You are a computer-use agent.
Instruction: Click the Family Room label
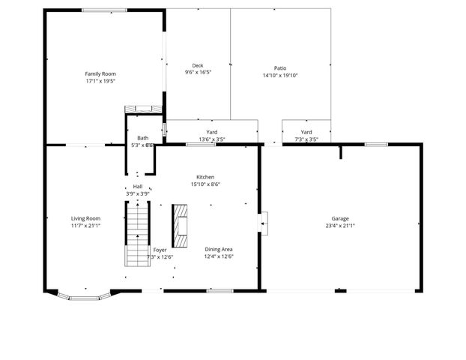point(100,73)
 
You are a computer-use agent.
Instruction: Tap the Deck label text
point(198,66)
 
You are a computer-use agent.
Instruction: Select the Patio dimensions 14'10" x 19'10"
point(280,75)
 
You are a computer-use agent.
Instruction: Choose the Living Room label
point(86,218)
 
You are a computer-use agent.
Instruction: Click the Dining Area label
point(219,249)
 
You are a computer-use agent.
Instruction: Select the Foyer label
point(160,249)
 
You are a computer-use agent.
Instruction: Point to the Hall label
point(138,186)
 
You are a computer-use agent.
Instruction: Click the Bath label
point(142,138)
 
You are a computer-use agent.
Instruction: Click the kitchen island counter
point(179,225)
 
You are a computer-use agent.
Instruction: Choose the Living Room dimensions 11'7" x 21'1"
point(86,225)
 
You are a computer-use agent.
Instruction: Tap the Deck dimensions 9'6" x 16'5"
point(198,73)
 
